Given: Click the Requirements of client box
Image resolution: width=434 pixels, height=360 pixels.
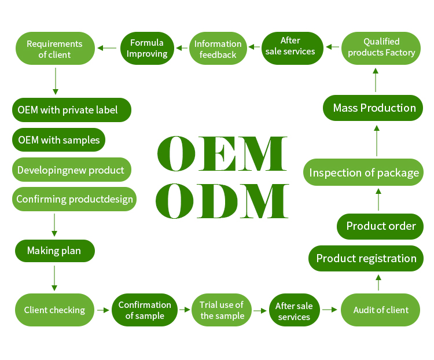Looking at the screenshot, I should [55, 49].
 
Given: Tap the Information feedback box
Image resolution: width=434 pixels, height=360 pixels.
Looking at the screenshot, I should [218, 49].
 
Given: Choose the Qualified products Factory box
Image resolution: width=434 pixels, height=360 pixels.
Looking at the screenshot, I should [381, 47].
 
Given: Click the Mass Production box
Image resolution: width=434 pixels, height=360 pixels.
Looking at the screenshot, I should [374, 108].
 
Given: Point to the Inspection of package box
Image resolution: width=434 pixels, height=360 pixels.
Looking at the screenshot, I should [363, 172].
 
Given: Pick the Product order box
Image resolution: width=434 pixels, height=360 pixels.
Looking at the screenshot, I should [380, 226].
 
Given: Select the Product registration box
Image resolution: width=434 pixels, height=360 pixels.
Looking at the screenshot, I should [366, 258].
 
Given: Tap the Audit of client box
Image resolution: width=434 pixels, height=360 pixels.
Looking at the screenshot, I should [381, 310].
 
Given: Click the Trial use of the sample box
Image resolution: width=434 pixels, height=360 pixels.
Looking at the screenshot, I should [222, 310].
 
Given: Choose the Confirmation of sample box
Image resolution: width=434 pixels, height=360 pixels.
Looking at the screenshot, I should [145, 310].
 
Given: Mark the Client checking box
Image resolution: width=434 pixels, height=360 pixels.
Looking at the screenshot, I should [54, 310].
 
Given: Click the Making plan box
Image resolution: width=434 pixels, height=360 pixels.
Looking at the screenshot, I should [54, 251].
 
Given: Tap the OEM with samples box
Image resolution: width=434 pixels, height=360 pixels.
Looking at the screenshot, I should [59, 140].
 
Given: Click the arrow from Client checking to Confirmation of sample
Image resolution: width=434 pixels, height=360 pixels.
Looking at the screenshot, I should [103, 310].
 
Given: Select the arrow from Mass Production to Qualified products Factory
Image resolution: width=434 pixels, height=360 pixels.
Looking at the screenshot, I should [375, 80].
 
